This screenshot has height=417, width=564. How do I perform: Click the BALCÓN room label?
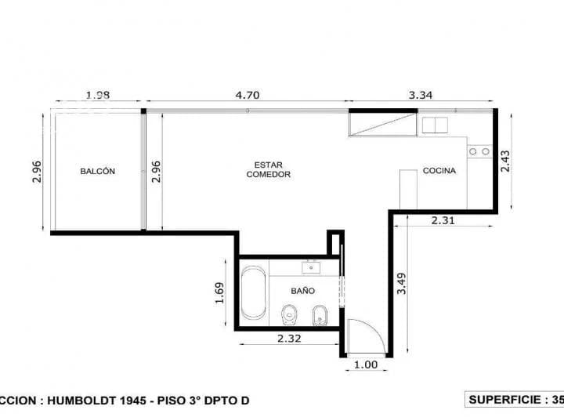[x=98, y=171]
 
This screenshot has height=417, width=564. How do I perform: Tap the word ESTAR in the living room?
[x=268, y=165]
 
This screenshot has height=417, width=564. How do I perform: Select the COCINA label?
[x=439, y=171]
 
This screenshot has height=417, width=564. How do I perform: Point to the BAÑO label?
[x=302, y=290]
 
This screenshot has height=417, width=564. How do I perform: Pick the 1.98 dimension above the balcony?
[x=97, y=96]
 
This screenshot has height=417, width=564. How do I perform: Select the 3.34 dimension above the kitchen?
[x=421, y=96]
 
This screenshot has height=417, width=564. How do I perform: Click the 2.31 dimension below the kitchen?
[x=443, y=221]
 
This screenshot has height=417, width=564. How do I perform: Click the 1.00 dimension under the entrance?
[x=366, y=364]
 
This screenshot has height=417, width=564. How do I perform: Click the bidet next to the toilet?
[x=319, y=316]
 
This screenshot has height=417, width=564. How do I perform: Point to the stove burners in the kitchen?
[x=479, y=151]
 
